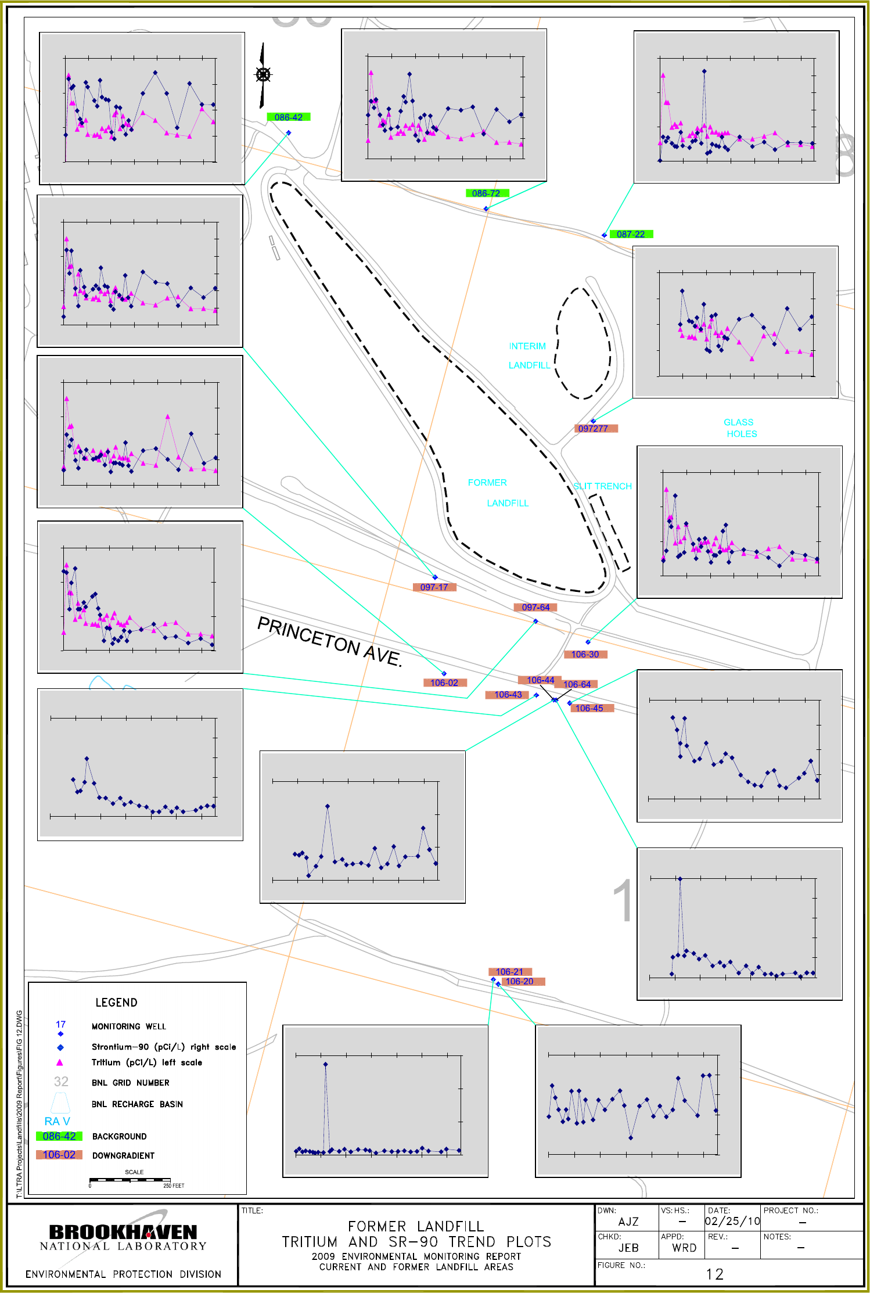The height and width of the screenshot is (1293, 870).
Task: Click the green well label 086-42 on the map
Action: pyautogui.click(x=289, y=117)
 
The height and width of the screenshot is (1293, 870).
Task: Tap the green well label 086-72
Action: pyautogui.click(x=486, y=193)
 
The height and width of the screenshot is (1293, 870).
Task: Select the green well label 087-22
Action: pyautogui.click(x=631, y=234)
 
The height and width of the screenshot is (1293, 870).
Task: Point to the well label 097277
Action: pyautogui.click(x=593, y=429)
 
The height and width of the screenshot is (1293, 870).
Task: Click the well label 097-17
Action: pyautogui.click(x=434, y=587)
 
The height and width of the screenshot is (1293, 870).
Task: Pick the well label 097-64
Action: pyautogui.click(x=535, y=608)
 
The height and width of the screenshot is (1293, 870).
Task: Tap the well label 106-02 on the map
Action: pyautogui.click(x=444, y=683)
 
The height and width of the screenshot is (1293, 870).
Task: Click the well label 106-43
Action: pyautogui.click(x=508, y=695)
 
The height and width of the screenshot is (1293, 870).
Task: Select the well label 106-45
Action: pyautogui.click(x=589, y=708)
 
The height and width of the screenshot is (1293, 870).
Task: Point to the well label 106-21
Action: pyautogui.click(x=509, y=972)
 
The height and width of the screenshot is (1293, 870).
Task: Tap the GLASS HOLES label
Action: pyautogui.click(x=739, y=428)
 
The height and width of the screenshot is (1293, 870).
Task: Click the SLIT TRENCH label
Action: pyautogui.click(x=602, y=486)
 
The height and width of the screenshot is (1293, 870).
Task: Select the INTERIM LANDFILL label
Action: pyautogui.click(x=528, y=355)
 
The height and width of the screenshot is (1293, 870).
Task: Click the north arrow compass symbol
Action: pyautogui.click(x=263, y=75)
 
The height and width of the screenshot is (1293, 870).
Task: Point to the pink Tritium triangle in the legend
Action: pyautogui.click(x=59, y=1062)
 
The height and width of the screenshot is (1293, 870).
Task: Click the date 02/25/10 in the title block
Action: pyautogui.click(x=732, y=1222)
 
